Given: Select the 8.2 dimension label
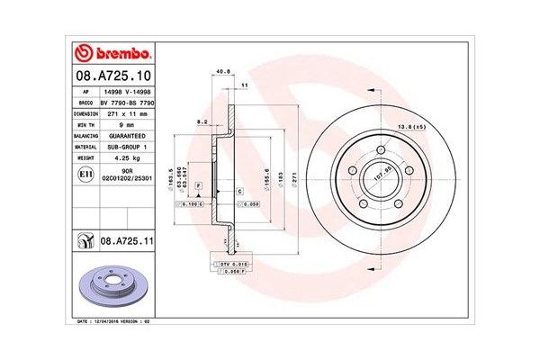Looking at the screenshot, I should click(202, 121).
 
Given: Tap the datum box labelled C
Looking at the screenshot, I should click(239, 192).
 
